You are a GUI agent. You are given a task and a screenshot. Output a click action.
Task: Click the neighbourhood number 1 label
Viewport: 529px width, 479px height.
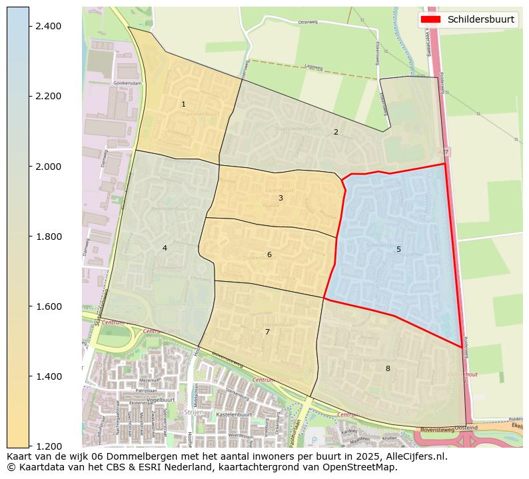[183, 104]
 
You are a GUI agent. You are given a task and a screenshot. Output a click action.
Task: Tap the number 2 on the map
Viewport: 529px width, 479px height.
[336, 132]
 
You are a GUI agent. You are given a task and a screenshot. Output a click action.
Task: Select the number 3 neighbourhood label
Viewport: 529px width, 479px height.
[280, 198]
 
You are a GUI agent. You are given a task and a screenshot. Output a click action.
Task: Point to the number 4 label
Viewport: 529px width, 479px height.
[165, 248]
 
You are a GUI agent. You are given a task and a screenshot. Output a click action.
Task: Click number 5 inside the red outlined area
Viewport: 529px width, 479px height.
[398, 249]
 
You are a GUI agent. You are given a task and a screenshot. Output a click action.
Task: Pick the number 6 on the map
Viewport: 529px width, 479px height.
[269, 254]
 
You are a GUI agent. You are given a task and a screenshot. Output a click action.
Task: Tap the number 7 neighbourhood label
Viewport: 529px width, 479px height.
[267, 332]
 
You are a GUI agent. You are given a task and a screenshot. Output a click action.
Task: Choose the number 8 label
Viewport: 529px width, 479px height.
[387, 368]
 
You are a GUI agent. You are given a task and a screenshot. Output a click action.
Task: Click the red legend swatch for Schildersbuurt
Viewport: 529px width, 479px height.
[432, 19]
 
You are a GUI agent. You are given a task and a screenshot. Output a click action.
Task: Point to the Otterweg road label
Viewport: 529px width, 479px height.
[308, 22]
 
